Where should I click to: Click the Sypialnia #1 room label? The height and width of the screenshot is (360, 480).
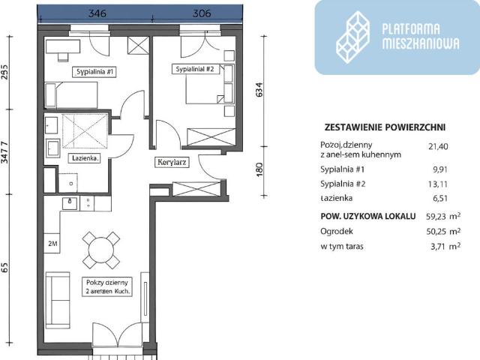click(x=94, y=72)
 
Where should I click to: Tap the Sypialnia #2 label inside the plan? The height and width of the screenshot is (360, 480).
click(x=195, y=69)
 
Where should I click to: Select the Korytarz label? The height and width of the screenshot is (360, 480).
click(x=172, y=161)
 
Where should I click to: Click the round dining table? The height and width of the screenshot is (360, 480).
click(x=100, y=248)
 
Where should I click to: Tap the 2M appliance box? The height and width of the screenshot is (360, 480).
click(x=53, y=244)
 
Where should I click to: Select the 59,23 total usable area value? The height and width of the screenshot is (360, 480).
click(x=438, y=216)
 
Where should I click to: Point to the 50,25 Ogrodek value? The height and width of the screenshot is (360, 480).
click(x=438, y=231)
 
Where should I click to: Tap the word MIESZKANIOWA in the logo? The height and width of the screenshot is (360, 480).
click(x=420, y=43)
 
